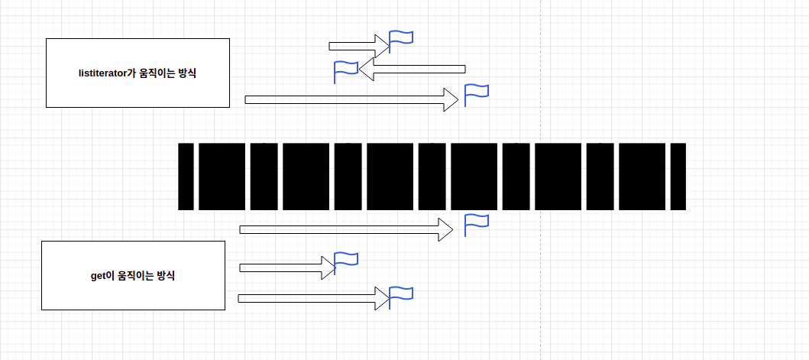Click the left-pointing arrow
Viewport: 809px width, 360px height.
[413, 70]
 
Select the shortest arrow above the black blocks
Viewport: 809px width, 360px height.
[359, 46]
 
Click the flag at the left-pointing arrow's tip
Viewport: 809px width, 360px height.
[345, 71]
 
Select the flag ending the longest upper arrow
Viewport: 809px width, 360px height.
[476, 94]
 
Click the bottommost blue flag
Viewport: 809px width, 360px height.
[400, 297]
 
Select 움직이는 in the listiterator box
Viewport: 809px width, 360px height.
[162, 73]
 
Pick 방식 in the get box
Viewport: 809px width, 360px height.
[166, 276]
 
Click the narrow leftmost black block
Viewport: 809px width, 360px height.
[186, 177]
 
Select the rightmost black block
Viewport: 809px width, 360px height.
[676, 177]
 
